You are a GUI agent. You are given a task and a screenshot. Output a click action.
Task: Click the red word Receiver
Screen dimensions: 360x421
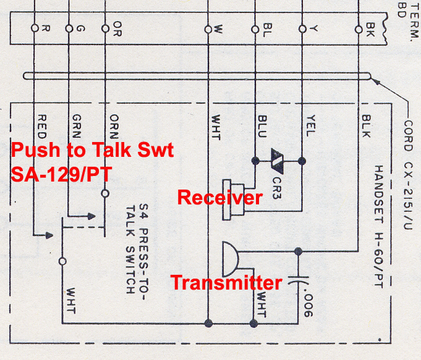[x=219, y=198]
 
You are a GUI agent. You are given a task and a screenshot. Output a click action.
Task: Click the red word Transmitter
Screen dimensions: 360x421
[x=226, y=283]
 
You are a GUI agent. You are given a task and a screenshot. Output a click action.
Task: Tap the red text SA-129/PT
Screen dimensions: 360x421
[x=61, y=174]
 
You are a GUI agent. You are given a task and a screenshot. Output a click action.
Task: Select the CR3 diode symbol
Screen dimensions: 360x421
[x=278, y=161]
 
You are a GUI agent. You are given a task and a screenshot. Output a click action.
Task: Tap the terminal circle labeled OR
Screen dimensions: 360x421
[x=104, y=28]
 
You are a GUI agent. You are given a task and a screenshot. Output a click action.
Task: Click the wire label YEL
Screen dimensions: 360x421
[x=310, y=127]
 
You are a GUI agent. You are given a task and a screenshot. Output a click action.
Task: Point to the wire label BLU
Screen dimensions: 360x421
[x=262, y=127]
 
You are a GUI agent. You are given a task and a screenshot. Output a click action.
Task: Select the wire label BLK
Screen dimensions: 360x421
[x=366, y=127]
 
